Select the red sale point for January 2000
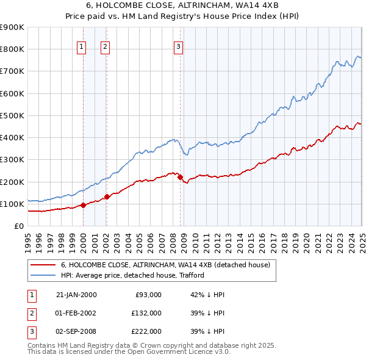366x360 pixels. pos(83,205)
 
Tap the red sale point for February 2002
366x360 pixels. pos(106,196)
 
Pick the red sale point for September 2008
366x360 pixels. pos(180,177)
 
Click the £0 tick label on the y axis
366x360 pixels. pos(18,226)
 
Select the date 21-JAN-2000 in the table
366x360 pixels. pos(76,295)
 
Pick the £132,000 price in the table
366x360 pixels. pos(146,313)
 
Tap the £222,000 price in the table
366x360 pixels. pos(146,331)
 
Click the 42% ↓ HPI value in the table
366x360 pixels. pos(207,295)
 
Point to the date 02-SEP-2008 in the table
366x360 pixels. pos(76,331)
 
